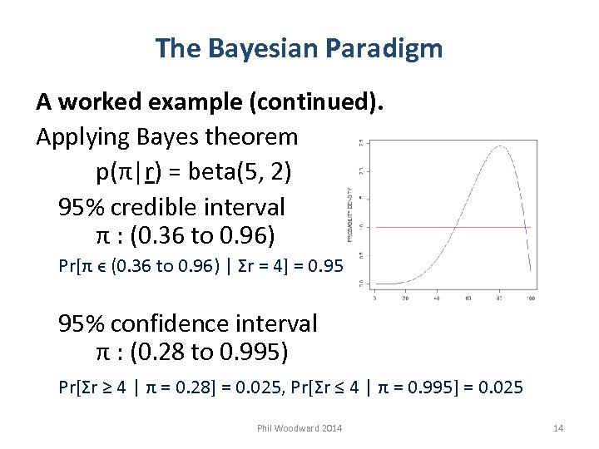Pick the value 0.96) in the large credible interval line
click(x=245, y=236)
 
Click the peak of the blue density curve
click(x=499, y=147)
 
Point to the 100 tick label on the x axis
click(x=530, y=298)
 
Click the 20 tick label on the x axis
click(x=405, y=298)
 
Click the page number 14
click(x=557, y=428)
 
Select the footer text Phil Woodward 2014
click(x=299, y=428)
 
